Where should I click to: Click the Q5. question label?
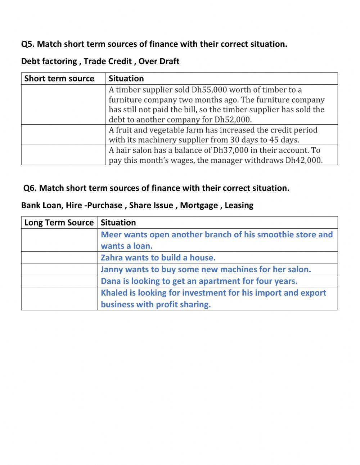[28, 44]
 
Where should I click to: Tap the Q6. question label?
[30, 188]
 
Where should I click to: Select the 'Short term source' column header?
[59, 79]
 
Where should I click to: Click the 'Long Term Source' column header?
[59, 223]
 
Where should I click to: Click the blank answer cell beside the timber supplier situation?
[63, 104]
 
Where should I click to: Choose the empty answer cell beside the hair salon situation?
[63, 155]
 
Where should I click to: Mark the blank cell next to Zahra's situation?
[59, 258]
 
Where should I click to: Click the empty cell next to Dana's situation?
[59, 281]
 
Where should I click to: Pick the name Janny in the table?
[112, 269]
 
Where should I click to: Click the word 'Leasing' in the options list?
[239, 205]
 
